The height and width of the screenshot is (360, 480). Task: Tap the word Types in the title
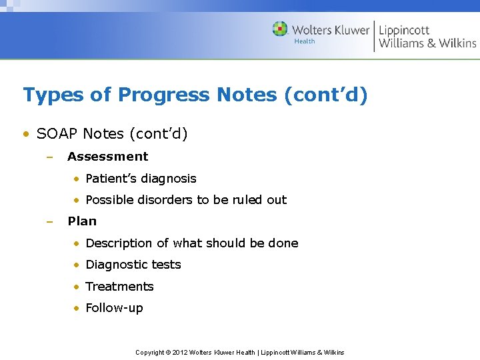coord(53,95)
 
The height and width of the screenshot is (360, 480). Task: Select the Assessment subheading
coord(107,157)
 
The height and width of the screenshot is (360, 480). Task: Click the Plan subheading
coord(82,221)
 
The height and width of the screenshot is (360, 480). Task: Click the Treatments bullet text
coord(120,287)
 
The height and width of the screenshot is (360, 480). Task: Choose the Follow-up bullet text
coord(114,308)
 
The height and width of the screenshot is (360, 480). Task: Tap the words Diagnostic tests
coord(133,265)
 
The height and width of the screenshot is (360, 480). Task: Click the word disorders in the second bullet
coord(163,200)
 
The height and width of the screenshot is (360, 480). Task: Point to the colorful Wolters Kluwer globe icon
coord(280,29)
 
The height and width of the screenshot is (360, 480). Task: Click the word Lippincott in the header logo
coord(404,30)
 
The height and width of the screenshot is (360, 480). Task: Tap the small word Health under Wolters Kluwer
coord(305,41)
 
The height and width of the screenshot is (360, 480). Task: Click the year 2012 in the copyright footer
coord(180,353)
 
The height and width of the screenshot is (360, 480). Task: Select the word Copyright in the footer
coord(150,353)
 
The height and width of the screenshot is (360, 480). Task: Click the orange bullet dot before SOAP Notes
coord(25,135)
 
